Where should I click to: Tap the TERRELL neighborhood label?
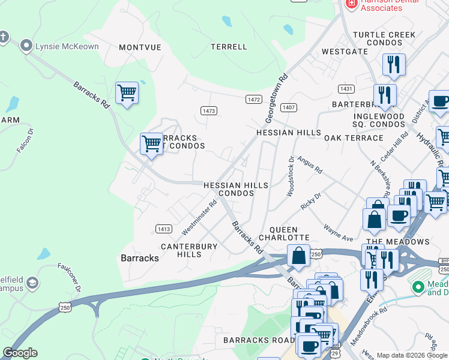pyautogui.click(x=229, y=47)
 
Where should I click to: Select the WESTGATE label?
pyautogui.click(x=345, y=52)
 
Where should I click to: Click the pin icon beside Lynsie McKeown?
pyautogui.click(x=26, y=46)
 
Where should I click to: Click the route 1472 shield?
pyautogui.click(x=253, y=99)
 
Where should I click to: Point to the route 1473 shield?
pyautogui.click(x=208, y=111)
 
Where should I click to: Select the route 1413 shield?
pyautogui.click(x=164, y=229)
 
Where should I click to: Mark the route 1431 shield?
pyautogui.click(x=345, y=89)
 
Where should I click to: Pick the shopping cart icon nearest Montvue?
pyautogui.click(x=127, y=93)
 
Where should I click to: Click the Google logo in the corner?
pyautogui.click(x=19, y=353)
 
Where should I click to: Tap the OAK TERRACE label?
pyautogui.click(x=354, y=138)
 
